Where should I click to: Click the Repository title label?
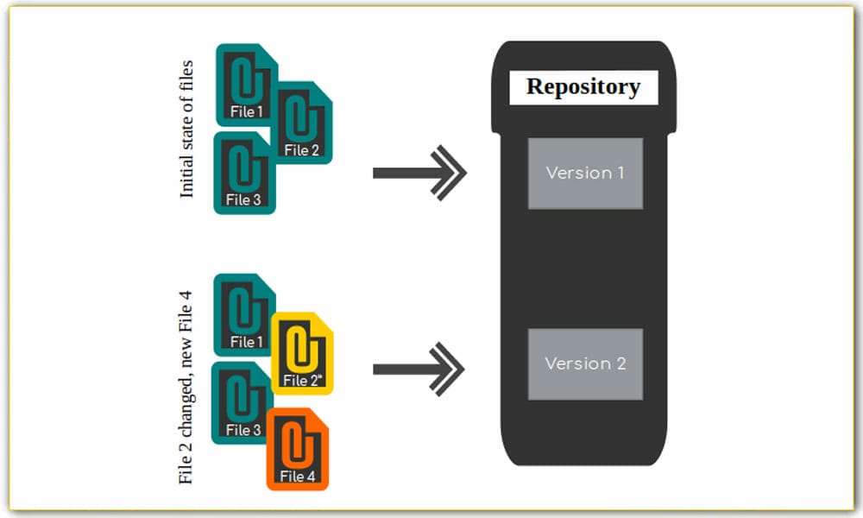(x=583, y=87)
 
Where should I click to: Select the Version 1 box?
(x=585, y=173)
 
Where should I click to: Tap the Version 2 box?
(x=585, y=363)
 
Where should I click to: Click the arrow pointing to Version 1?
(x=419, y=173)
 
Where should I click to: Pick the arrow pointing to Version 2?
(x=419, y=370)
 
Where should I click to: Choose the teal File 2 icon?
(x=302, y=123)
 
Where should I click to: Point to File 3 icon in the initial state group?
(x=244, y=173)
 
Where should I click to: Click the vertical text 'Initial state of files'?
(x=187, y=129)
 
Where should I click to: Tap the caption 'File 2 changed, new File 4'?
(x=186, y=387)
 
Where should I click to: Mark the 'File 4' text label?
(x=298, y=477)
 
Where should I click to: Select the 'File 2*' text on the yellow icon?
(x=303, y=381)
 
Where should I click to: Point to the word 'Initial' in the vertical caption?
(x=187, y=181)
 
